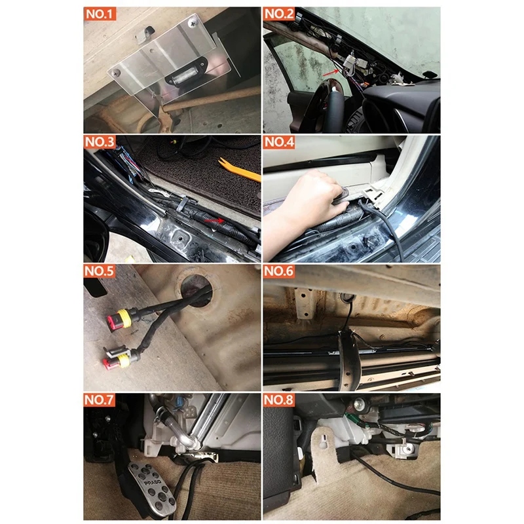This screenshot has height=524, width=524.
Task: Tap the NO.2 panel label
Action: (280, 14)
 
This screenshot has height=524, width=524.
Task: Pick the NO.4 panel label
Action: (280, 142)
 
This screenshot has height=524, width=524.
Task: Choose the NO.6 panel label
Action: (280, 271)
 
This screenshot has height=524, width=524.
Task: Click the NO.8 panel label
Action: (280, 399)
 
